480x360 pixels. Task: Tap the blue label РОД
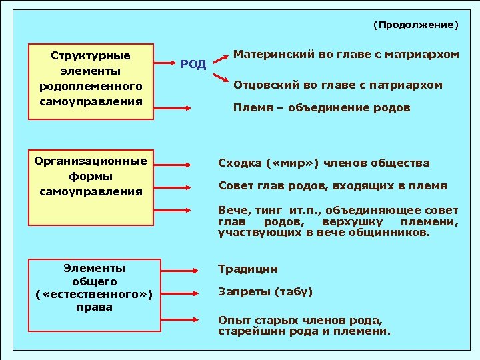(193, 65)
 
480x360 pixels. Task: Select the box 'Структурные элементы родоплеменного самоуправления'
(91, 78)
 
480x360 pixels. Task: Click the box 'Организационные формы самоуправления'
(91, 177)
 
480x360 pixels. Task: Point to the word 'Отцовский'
(259, 85)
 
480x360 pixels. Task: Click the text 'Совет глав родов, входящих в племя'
(333, 185)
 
